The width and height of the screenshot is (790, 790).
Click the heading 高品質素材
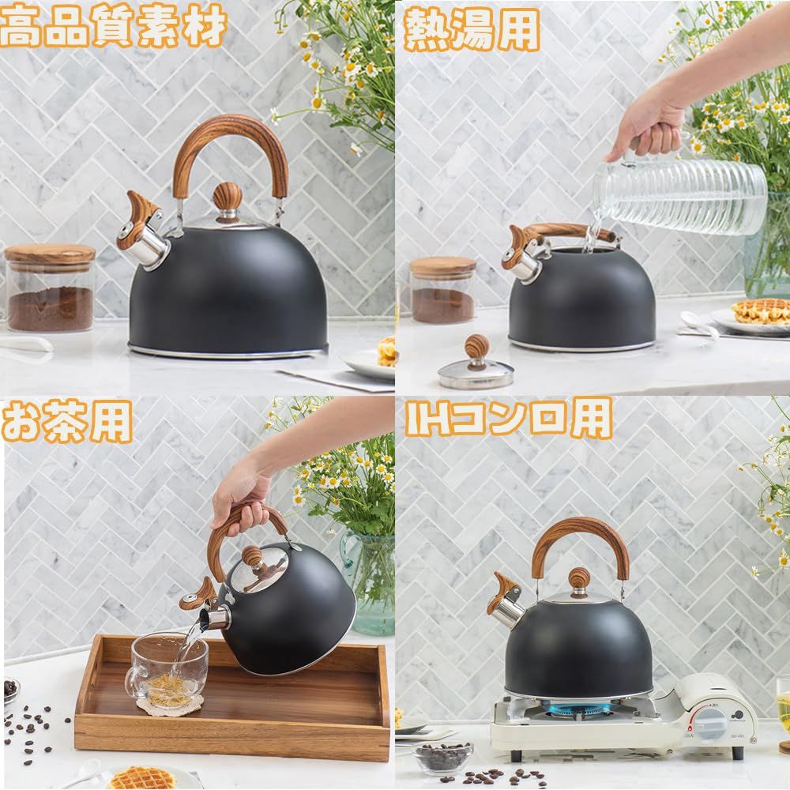113,25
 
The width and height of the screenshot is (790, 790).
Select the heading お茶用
67,422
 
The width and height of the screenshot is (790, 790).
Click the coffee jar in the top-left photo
49,288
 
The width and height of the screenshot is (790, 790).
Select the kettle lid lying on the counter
475,363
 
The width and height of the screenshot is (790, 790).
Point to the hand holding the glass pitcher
651,128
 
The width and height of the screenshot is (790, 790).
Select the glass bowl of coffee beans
443,757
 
